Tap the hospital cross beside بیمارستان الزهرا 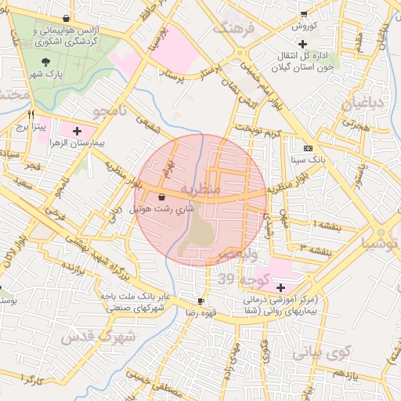[78, 130]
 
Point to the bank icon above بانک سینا [308, 147]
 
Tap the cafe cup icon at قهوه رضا [201, 301]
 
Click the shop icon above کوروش [304, 13]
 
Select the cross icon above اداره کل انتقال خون [302, 43]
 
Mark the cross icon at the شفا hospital [281, 287]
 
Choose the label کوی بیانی [319, 353]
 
